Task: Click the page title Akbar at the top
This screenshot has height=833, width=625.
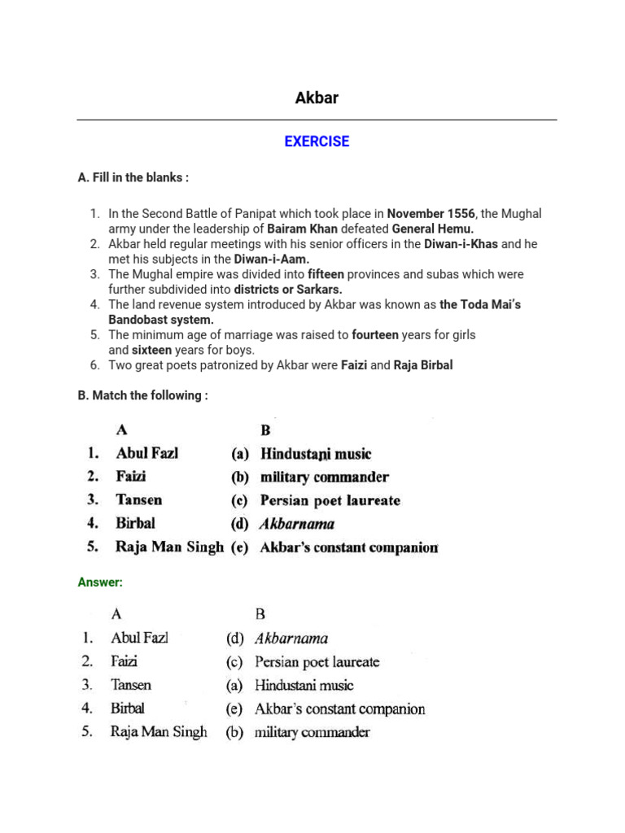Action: pyautogui.click(x=317, y=98)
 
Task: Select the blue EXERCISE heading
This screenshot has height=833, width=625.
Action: pyautogui.click(x=317, y=142)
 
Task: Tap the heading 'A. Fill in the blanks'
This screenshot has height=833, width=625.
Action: pyautogui.click(x=133, y=177)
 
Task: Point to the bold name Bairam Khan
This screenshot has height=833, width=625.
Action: pyautogui.click(x=302, y=229)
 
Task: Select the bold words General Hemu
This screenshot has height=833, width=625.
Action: pyautogui.click(x=433, y=229)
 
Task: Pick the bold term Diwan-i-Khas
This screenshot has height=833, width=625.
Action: pyautogui.click(x=461, y=244)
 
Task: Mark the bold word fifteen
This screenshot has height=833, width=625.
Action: pyautogui.click(x=326, y=274)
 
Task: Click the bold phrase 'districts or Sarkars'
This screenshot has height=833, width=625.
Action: pyautogui.click(x=288, y=290)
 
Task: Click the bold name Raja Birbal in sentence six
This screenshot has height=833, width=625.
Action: pyautogui.click(x=423, y=365)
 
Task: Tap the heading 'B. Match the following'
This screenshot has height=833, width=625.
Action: pyautogui.click(x=142, y=395)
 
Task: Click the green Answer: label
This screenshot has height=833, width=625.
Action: pyautogui.click(x=100, y=582)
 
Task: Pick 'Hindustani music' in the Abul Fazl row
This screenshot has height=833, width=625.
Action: pyautogui.click(x=316, y=454)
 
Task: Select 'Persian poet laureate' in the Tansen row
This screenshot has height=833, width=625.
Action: pyautogui.click(x=330, y=500)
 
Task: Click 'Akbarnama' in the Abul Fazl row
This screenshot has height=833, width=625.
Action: pyautogui.click(x=291, y=639)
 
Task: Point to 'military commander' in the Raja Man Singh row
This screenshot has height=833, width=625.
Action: pyautogui.click(x=312, y=732)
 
